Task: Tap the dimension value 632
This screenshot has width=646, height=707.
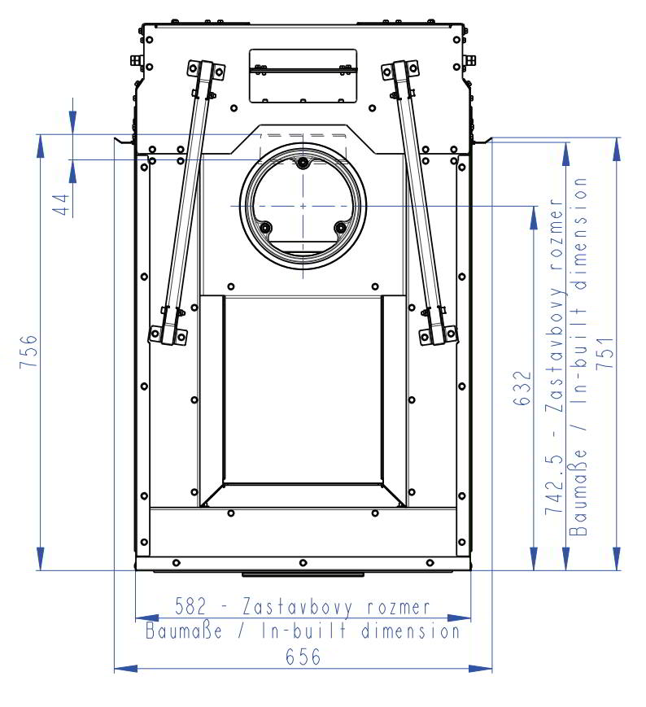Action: (x=523, y=388)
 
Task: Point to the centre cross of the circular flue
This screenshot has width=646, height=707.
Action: (x=303, y=206)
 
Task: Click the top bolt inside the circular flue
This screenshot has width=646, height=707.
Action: (x=303, y=163)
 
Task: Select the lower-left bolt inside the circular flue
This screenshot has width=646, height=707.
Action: (x=266, y=227)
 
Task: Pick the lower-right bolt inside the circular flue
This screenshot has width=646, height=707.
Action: (x=340, y=227)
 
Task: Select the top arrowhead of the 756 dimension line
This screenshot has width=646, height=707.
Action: (x=40, y=142)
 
